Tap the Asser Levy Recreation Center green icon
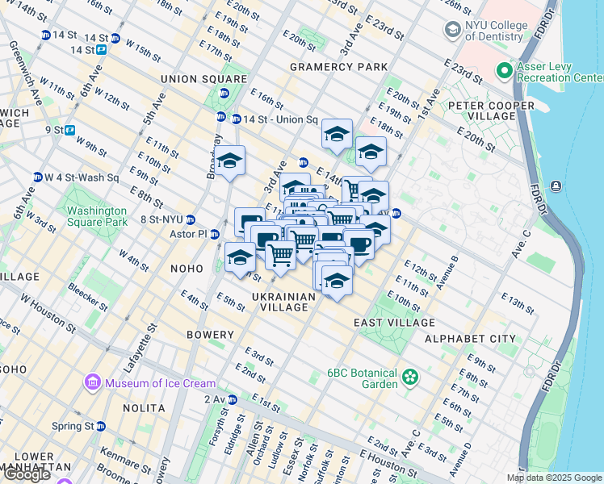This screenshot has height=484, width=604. pos(505,71)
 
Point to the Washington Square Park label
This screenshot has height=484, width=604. pos(97,215)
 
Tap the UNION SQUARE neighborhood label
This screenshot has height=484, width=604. pos(203,79)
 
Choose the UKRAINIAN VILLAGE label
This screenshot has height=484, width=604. pos(283,303)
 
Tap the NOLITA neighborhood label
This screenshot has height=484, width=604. pos(144,408)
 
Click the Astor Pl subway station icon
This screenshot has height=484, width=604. pos(215,235)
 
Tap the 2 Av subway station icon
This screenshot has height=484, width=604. pos(232,399)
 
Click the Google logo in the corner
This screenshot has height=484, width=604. pos(27,474)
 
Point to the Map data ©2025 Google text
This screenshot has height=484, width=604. pos(554,478)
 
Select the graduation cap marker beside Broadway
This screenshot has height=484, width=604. pos(229,160)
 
